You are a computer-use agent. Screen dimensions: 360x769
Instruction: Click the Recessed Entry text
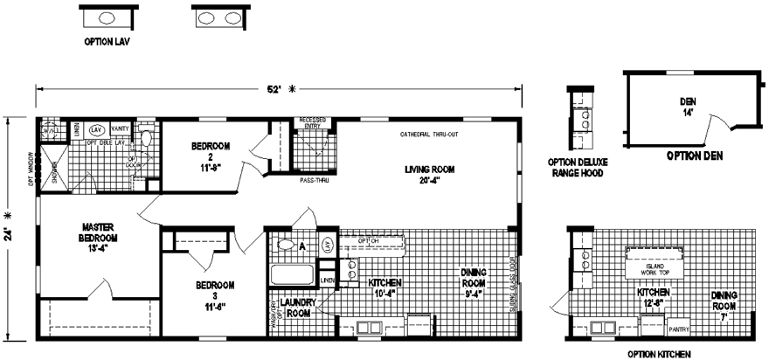click(x=312, y=122)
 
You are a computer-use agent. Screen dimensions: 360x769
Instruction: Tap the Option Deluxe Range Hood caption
click(x=578, y=167)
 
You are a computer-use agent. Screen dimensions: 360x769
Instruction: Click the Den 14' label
click(x=688, y=106)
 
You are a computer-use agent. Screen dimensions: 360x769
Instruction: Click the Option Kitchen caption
click(x=660, y=354)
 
